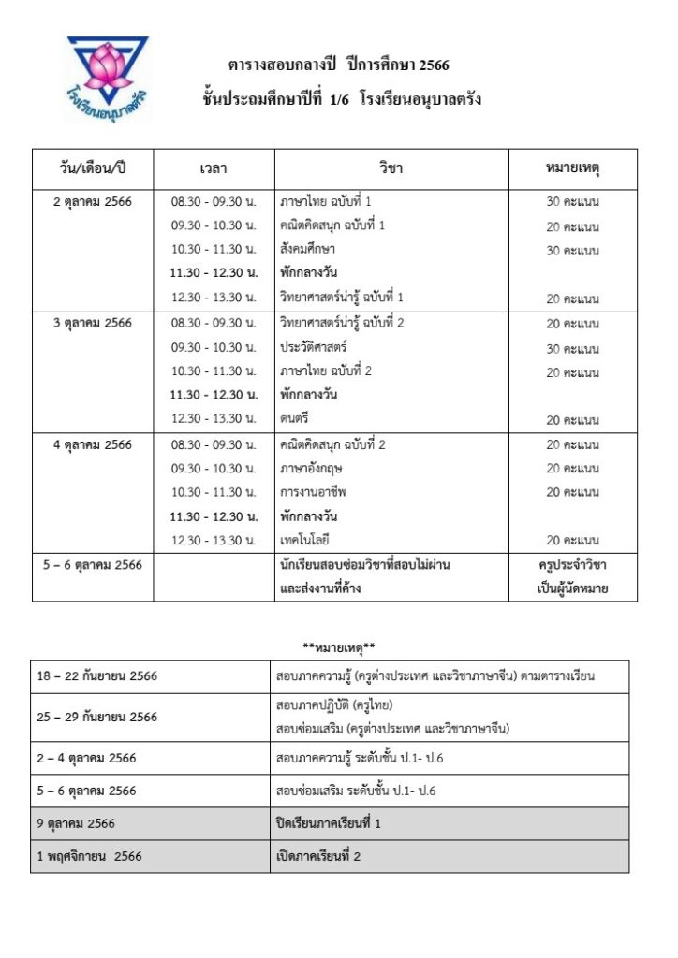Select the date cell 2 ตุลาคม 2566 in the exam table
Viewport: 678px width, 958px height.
point(93,201)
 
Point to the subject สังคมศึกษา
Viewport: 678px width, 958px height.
point(307,250)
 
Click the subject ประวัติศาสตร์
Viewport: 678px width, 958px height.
point(313,347)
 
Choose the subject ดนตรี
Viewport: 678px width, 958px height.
point(294,420)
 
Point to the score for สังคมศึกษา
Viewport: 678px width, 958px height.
point(572,251)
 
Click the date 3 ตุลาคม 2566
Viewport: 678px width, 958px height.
point(93,323)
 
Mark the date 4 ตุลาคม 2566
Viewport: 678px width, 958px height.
point(93,444)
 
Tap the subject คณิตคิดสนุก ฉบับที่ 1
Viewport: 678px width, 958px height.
point(332,225)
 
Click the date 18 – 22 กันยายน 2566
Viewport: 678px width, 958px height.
point(98,675)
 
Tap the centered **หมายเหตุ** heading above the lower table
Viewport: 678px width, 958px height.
point(338,646)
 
